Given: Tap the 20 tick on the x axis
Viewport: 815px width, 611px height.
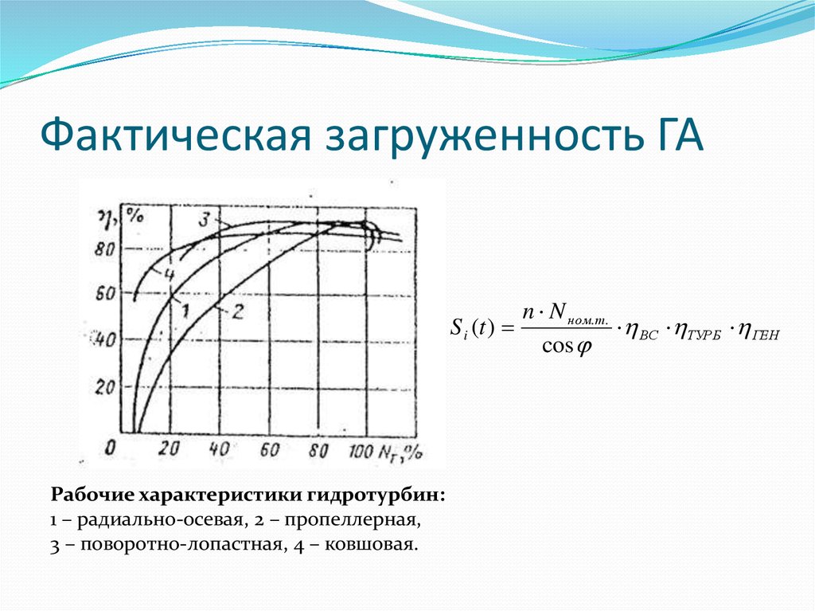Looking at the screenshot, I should click(x=168, y=449).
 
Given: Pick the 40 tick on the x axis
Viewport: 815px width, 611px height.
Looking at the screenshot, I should click(x=218, y=449).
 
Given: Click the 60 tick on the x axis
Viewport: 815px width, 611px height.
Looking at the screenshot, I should click(x=268, y=449).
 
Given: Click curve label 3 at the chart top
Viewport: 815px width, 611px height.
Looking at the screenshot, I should click(x=205, y=217).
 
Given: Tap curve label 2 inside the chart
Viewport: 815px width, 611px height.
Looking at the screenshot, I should click(x=236, y=311).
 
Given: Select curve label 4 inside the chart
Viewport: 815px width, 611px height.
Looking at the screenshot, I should click(x=169, y=273).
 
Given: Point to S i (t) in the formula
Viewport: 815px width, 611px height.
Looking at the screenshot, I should click(x=472, y=327).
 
